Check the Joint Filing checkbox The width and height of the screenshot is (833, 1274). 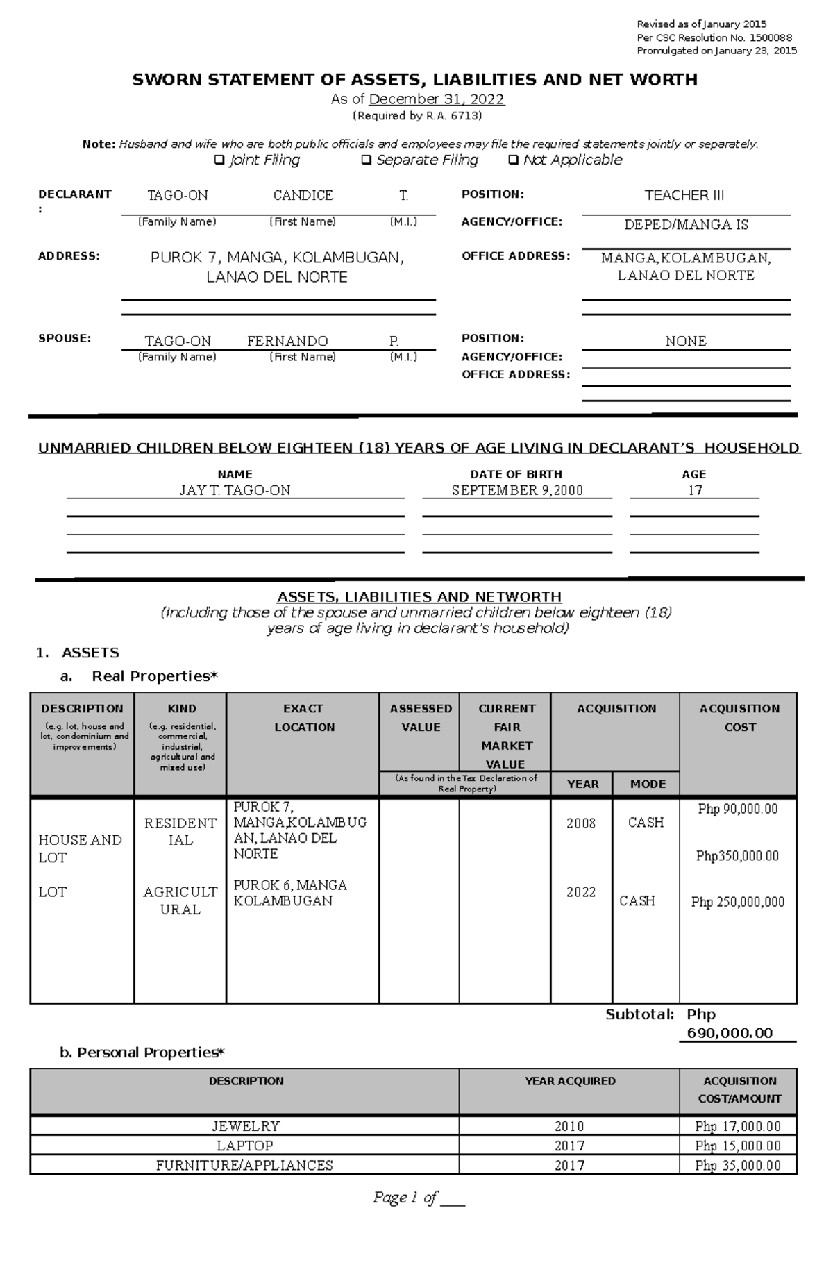click(219, 160)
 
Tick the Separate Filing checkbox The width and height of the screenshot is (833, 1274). click(367, 160)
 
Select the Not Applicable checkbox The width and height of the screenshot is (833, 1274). click(513, 160)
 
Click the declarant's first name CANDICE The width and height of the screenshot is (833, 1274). click(303, 196)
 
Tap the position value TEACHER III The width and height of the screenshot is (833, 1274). click(684, 196)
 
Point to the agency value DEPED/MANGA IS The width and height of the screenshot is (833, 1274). click(686, 225)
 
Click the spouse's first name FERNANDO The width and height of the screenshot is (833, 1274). click(287, 342)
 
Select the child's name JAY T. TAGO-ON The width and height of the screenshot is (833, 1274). click(235, 491)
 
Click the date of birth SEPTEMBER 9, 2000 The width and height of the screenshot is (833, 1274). click(517, 491)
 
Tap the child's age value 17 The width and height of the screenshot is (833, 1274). click(695, 491)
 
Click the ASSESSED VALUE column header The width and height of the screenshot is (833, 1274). click(421, 718)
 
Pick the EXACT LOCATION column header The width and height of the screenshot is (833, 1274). click(303, 718)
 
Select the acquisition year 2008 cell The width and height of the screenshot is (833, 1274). click(581, 823)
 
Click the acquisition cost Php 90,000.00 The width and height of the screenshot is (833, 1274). click(738, 810)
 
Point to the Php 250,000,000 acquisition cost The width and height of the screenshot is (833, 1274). click(738, 902)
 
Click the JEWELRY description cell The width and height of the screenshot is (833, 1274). click(246, 1126)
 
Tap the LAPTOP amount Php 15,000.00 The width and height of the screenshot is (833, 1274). click(738, 1146)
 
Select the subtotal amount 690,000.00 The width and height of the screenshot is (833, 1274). click(730, 1033)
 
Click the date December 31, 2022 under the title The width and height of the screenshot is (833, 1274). click(437, 99)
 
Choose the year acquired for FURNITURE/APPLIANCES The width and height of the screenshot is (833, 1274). click(569, 1165)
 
